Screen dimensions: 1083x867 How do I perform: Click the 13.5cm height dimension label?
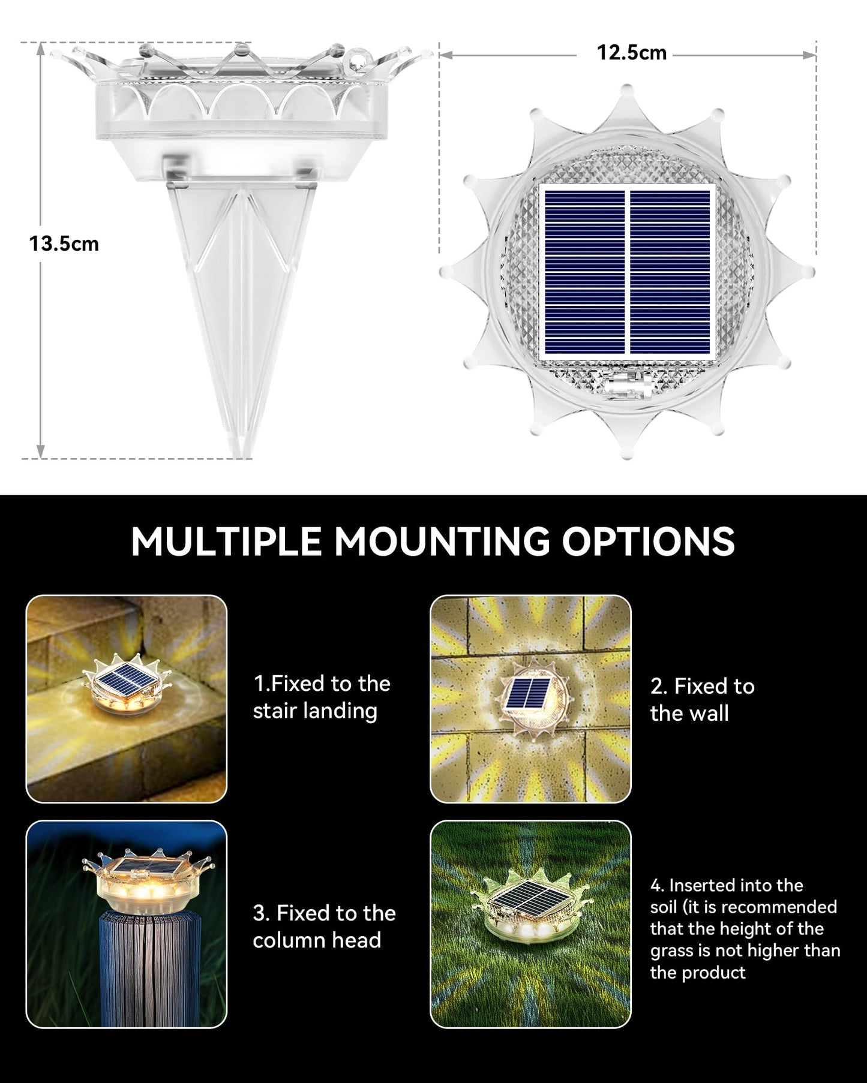(x=64, y=244)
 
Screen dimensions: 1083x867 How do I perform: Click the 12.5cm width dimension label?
(x=631, y=53)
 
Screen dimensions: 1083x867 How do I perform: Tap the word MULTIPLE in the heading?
(x=226, y=541)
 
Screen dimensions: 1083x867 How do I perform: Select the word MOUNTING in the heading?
(x=441, y=541)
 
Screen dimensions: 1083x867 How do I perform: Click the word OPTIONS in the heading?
(x=648, y=541)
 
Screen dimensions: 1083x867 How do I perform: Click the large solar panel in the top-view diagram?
(x=627, y=272)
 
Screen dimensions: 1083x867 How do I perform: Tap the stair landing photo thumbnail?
(x=127, y=699)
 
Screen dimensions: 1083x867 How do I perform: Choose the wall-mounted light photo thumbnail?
(x=530, y=699)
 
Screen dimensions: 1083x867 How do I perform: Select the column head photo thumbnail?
(x=127, y=924)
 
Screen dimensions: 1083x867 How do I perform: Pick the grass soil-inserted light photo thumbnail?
(x=530, y=924)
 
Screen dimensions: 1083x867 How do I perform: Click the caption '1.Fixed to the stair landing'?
(x=321, y=697)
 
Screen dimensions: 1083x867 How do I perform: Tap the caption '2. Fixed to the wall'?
(x=702, y=699)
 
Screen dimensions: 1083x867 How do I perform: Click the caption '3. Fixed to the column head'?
(x=324, y=926)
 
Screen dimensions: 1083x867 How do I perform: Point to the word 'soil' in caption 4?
(x=664, y=907)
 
